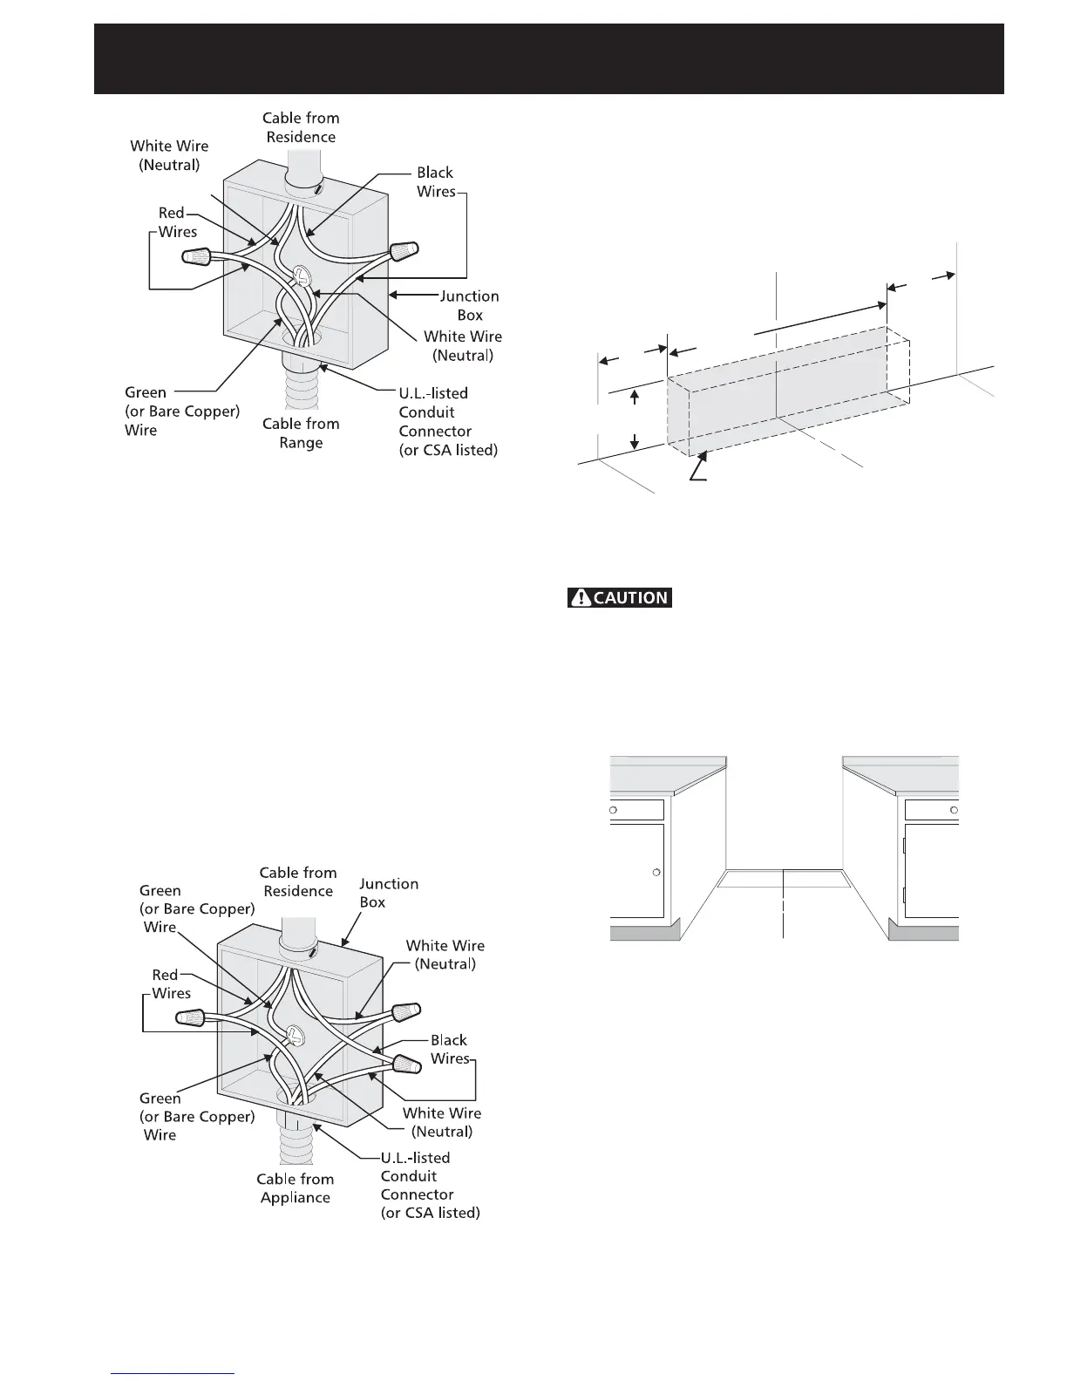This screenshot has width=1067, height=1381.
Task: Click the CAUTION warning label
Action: (x=620, y=598)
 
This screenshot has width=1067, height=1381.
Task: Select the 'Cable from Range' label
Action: (x=301, y=433)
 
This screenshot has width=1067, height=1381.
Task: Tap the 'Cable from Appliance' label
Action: (x=295, y=1188)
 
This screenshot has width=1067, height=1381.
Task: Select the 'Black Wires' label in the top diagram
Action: (x=435, y=182)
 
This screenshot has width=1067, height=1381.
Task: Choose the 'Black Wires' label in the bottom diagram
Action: (x=449, y=1049)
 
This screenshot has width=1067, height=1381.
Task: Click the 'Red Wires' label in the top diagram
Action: (x=175, y=222)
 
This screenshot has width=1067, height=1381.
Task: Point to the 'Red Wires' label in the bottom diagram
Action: (x=168, y=983)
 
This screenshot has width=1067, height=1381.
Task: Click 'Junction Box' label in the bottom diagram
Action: (x=388, y=893)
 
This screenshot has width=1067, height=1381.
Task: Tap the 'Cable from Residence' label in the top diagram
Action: (x=301, y=127)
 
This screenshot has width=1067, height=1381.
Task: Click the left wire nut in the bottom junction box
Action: (x=192, y=1017)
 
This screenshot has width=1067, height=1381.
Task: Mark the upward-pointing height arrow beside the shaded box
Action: (x=635, y=398)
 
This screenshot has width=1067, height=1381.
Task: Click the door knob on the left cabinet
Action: (x=656, y=872)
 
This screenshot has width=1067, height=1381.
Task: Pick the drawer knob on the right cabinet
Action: (x=954, y=810)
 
